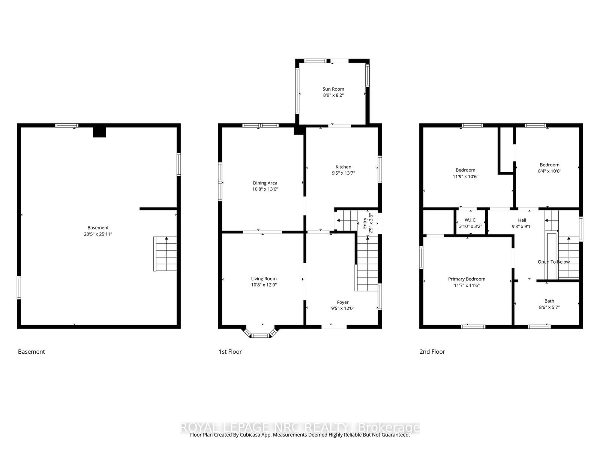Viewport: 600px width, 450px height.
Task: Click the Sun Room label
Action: point(333,89)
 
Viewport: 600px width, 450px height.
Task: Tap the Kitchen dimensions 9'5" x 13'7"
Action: point(343,173)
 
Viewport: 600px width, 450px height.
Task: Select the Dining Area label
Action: point(265,183)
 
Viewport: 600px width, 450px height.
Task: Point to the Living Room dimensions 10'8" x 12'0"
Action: point(264,285)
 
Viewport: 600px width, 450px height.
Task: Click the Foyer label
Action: point(342,302)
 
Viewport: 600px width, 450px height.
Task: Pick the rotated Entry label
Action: point(364,223)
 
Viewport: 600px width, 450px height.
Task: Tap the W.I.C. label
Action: point(470,220)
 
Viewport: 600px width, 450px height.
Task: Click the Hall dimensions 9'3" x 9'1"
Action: point(522,226)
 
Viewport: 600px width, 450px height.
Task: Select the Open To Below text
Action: point(553,262)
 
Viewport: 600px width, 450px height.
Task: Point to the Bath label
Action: point(549,301)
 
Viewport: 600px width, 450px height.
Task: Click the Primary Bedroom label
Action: point(466,279)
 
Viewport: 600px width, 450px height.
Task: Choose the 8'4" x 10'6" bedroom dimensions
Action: point(549,171)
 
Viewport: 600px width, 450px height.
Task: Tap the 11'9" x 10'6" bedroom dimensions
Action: point(465,177)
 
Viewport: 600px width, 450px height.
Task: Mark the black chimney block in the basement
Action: point(99,132)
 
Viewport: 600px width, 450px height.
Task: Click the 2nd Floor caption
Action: point(432,352)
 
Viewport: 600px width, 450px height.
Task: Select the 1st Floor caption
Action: point(230,352)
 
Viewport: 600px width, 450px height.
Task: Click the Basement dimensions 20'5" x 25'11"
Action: point(98,234)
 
